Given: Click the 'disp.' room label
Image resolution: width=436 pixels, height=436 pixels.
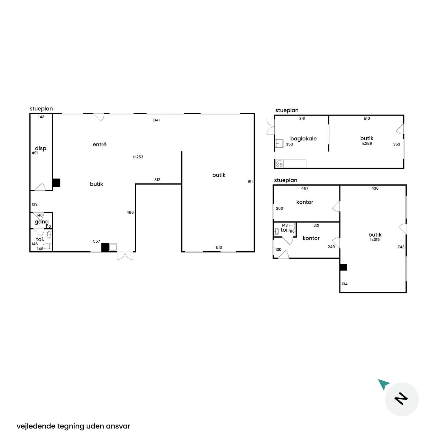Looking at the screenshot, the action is (x=41, y=149).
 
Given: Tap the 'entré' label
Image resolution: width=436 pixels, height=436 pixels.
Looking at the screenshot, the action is (x=99, y=145).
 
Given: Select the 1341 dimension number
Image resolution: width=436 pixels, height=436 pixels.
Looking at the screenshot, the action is (x=156, y=120).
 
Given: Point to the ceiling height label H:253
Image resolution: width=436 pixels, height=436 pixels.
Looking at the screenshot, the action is (x=138, y=157).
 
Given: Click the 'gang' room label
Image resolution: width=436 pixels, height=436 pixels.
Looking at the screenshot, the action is (x=41, y=222).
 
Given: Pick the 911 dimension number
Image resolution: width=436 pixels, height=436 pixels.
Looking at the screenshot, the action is (x=250, y=181).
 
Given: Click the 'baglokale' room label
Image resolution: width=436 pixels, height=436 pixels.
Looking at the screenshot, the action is (x=303, y=139).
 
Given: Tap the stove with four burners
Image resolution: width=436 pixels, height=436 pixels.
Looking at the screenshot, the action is (x=279, y=164).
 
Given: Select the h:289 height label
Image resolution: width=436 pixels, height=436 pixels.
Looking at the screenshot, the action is (x=367, y=143).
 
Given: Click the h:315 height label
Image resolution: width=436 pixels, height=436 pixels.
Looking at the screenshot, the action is (x=375, y=239).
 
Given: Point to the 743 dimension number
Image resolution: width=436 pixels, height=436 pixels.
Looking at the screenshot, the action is (x=401, y=247).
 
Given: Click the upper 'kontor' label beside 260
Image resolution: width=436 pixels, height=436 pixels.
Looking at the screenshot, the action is (x=305, y=202).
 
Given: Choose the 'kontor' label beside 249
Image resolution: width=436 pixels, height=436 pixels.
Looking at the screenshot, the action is (x=311, y=238).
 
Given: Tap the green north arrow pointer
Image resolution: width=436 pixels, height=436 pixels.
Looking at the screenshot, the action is (x=383, y=384).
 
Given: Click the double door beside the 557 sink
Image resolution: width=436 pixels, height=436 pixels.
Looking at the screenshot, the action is (x=125, y=256).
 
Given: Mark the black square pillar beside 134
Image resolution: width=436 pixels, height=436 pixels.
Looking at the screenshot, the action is (x=344, y=267).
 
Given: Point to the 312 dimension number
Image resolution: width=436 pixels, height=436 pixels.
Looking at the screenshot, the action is (x=157, y=180).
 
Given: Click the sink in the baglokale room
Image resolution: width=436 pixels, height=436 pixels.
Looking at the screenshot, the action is (x=279, y=144).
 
